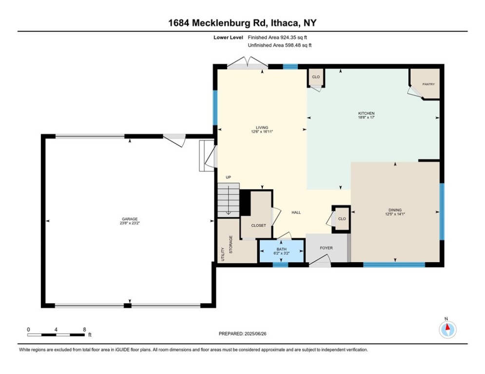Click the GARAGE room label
tap(130, 219)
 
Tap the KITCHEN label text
tap(366, 113)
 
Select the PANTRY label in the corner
tap(428, 84)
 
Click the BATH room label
tap(282, 249)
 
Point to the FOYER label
tap(326, 248)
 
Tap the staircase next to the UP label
tap(229, 200)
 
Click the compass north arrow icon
tap(447, 329)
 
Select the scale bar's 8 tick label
tap(84, 329)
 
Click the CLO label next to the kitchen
tap(316, 77)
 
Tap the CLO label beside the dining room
tap(342, 219)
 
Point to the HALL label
tap(296, 212)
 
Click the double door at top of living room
tap(248, 63)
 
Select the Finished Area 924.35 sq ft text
tap(278, 37)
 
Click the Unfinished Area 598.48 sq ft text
tap(279, 45)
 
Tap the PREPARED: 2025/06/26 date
tap(242, 334)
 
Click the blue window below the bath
tap(280, 264)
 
